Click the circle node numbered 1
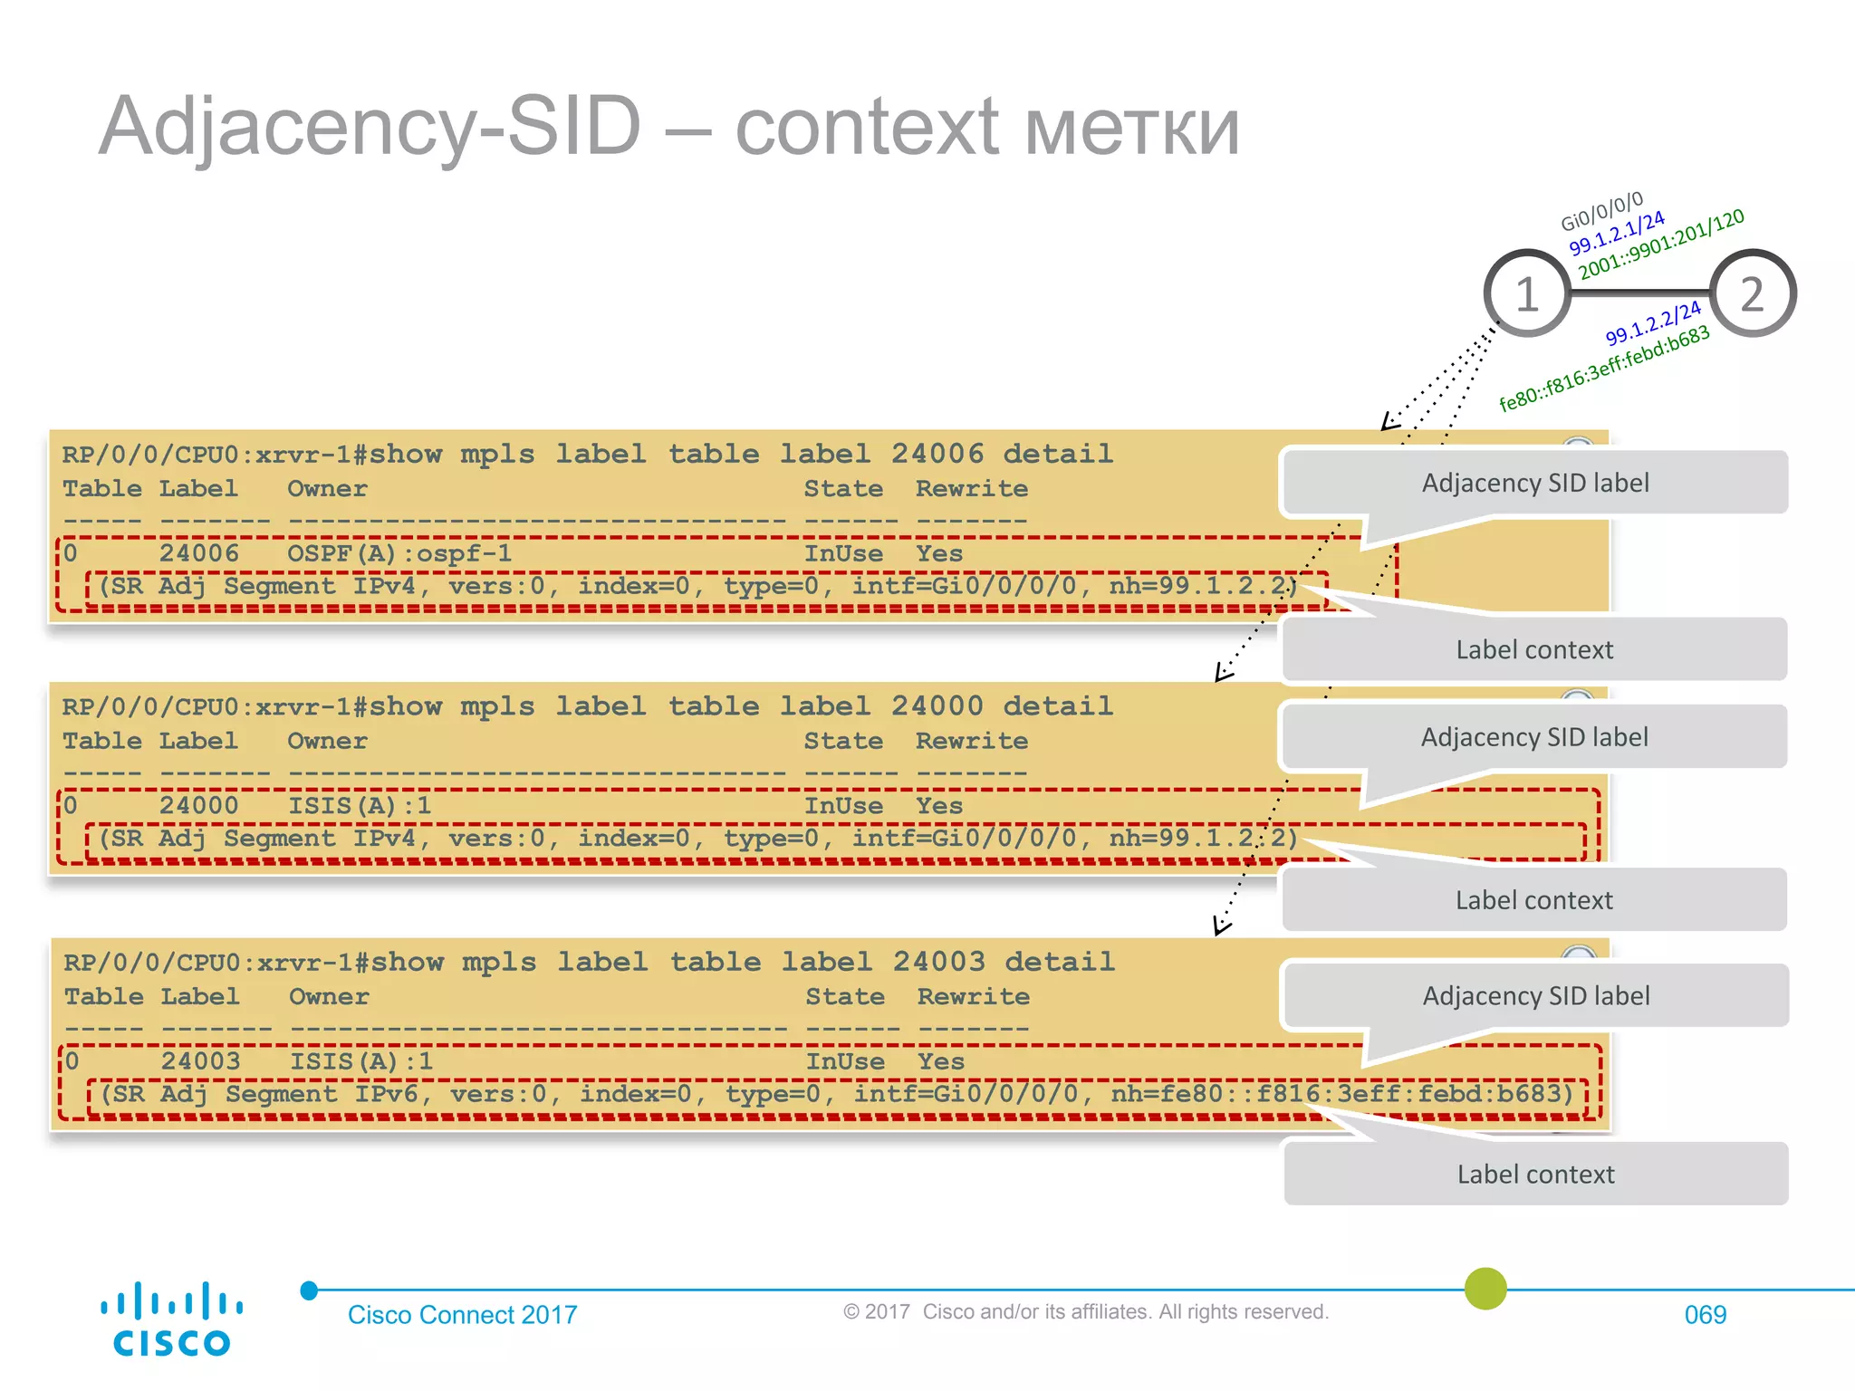click(1527, 293)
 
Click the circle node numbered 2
click(1753, 293)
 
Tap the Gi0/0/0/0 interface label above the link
click(1601, 211)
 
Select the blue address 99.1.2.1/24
click(1617, 233)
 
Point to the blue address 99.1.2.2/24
click(1653, 323)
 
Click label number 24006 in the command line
click(937, 453)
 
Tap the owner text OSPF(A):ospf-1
click(399, 552)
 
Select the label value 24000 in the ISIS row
click(199, 805)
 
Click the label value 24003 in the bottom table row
click(201, 1060)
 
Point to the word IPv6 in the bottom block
click(387, 1094)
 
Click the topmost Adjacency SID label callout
click(1535, 483)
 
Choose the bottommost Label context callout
click(1535, 1174)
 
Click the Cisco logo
click(171, 1319)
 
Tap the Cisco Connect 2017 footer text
click(462, 1315)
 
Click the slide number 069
click(1705, 1315)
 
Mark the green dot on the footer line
click(1485, 1288)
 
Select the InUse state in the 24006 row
click(843, 552)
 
